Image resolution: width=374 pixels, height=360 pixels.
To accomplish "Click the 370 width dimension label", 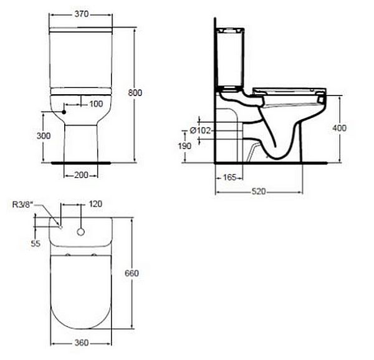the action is tap(82, 14).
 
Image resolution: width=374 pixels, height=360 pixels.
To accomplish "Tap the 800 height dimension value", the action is tap(135, 92).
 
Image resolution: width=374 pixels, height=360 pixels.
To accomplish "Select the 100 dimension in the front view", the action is tap(96, 104).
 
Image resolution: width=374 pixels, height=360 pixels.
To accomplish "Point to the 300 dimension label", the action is tap(44, 136).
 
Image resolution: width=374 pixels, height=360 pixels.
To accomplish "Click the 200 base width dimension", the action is tap(81, 175).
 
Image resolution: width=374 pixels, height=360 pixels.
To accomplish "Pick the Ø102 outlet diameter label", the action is tap(200, 130).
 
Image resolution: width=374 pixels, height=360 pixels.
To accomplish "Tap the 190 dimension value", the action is tap(185, 146).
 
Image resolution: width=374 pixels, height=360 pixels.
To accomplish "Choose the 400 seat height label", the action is tap(340, 128).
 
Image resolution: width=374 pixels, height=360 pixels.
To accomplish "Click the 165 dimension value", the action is tap(229, 177).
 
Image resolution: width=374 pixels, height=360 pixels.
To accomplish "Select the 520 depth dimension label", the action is tap(259, 191).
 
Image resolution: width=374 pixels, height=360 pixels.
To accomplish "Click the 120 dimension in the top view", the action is tap(95, 204).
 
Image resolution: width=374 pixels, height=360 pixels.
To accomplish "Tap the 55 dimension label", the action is tap(36, 243).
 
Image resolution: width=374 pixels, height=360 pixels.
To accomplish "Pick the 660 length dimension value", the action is tap(132, 273).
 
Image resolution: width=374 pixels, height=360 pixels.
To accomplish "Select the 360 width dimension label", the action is tap(82, 343).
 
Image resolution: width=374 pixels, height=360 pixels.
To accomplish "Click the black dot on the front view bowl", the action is tap(64, 112).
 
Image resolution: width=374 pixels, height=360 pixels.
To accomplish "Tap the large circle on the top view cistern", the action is tap(81, 232).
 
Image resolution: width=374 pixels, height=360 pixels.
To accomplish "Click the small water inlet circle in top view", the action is tap(61, 227).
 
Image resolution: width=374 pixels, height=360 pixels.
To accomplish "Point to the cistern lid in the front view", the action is tap(80, 29).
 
